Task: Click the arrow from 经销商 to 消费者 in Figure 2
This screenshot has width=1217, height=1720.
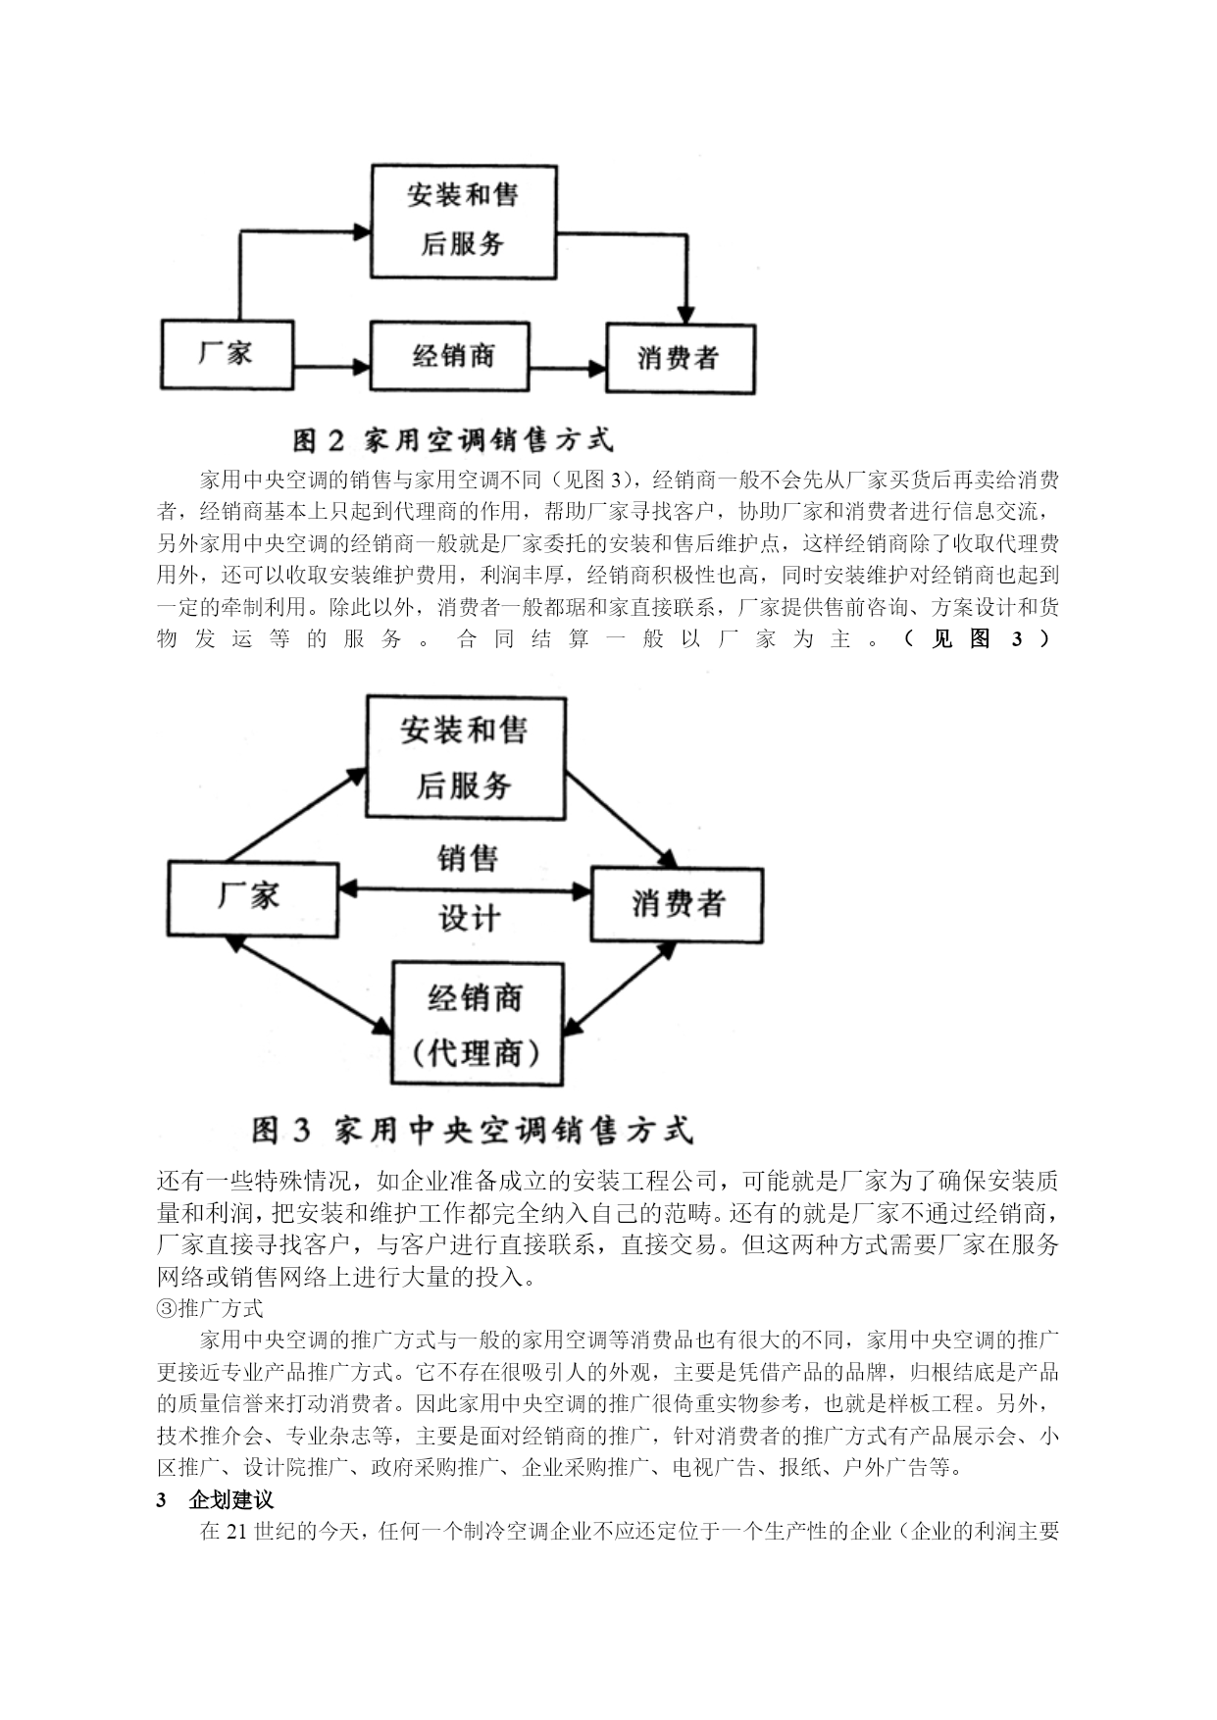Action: (567, 370)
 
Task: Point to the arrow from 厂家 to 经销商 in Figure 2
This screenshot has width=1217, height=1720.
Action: (331, 369)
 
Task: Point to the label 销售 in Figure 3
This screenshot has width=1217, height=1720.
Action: (468, 858)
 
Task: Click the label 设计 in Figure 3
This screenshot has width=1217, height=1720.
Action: (469, 919)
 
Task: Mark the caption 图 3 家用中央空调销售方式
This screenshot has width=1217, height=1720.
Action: (472, 1130)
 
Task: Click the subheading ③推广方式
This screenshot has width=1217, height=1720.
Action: (210, 1308)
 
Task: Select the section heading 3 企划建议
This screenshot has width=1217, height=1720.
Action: (215, 1500)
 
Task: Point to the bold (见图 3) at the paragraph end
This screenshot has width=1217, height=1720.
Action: (977, 639)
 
